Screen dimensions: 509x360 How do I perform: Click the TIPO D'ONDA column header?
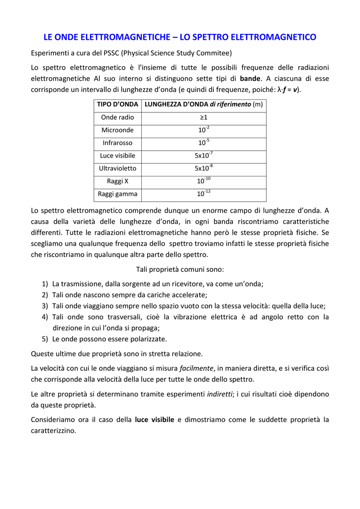click(x=117, y=104)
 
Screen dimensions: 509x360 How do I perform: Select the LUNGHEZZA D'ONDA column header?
click(x=203, y=104)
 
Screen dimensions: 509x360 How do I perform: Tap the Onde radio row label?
click(x=117, y=117)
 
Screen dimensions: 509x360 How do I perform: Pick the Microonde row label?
click(x=117, y=130)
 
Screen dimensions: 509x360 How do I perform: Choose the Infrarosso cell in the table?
click(x=117, y=143)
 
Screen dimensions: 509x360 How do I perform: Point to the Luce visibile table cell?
click(x=117, y=156)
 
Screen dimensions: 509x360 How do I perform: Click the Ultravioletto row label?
click(x=117, y=169)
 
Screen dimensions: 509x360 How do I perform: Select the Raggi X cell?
click(x=117, y=181)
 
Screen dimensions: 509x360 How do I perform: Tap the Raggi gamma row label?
click(x=117, y=194)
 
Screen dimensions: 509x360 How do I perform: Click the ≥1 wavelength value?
click(x=203, y=117)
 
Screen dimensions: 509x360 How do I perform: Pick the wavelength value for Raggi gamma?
click(x=203, y=193)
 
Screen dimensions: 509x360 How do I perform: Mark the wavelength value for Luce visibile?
click(x=203, y=155)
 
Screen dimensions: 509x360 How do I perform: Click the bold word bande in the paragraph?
click(x=250, y=79)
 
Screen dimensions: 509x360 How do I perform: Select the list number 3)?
click(x=45, y=306)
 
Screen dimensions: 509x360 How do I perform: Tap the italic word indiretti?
click(x=219, y=394)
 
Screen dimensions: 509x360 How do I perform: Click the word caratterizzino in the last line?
click(x=53, y=430)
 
